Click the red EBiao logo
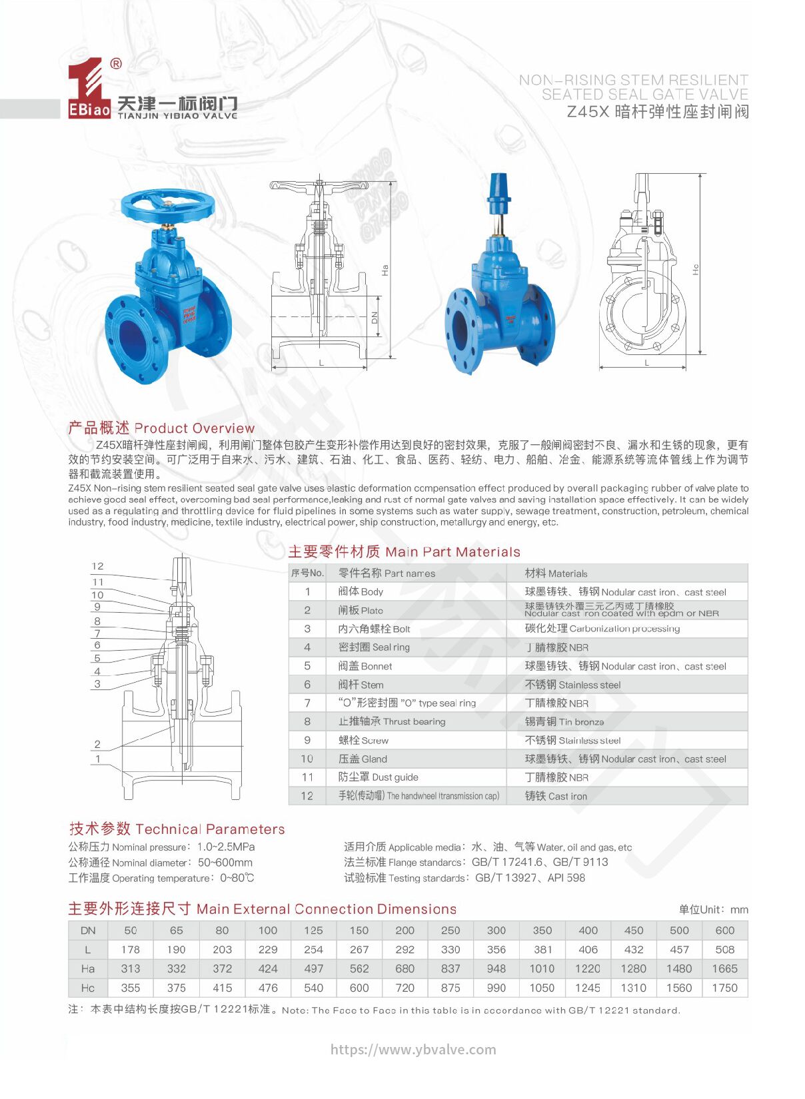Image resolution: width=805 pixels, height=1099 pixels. coord(89,89)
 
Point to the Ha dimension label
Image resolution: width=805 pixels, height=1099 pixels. coord(385,270)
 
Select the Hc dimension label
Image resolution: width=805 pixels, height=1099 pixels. coord(695,270)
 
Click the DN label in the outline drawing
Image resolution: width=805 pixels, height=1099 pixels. coord(374,318)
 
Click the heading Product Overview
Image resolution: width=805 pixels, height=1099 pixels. coord(161,428)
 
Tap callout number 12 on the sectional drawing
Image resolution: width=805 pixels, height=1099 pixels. coord(98,566)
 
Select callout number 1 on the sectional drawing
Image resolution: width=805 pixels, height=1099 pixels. coord(98,759)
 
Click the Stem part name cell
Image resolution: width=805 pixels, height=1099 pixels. coord(361,685)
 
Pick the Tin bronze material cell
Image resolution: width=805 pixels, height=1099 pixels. coord(564,721)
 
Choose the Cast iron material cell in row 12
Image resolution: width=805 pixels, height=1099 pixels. coord(556,796)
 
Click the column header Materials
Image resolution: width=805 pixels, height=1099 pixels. coord(556,573)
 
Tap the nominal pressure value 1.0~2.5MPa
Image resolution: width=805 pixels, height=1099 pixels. coord(226,847)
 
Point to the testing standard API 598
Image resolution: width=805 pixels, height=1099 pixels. coord(566,878)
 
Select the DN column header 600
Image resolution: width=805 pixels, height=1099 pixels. coord(724,930)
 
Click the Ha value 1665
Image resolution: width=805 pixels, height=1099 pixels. coord(724,968)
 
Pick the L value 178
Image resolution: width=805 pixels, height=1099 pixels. coord(131,950)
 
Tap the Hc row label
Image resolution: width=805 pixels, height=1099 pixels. coord(88,988)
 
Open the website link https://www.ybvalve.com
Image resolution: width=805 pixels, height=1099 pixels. coord(413,1050)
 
